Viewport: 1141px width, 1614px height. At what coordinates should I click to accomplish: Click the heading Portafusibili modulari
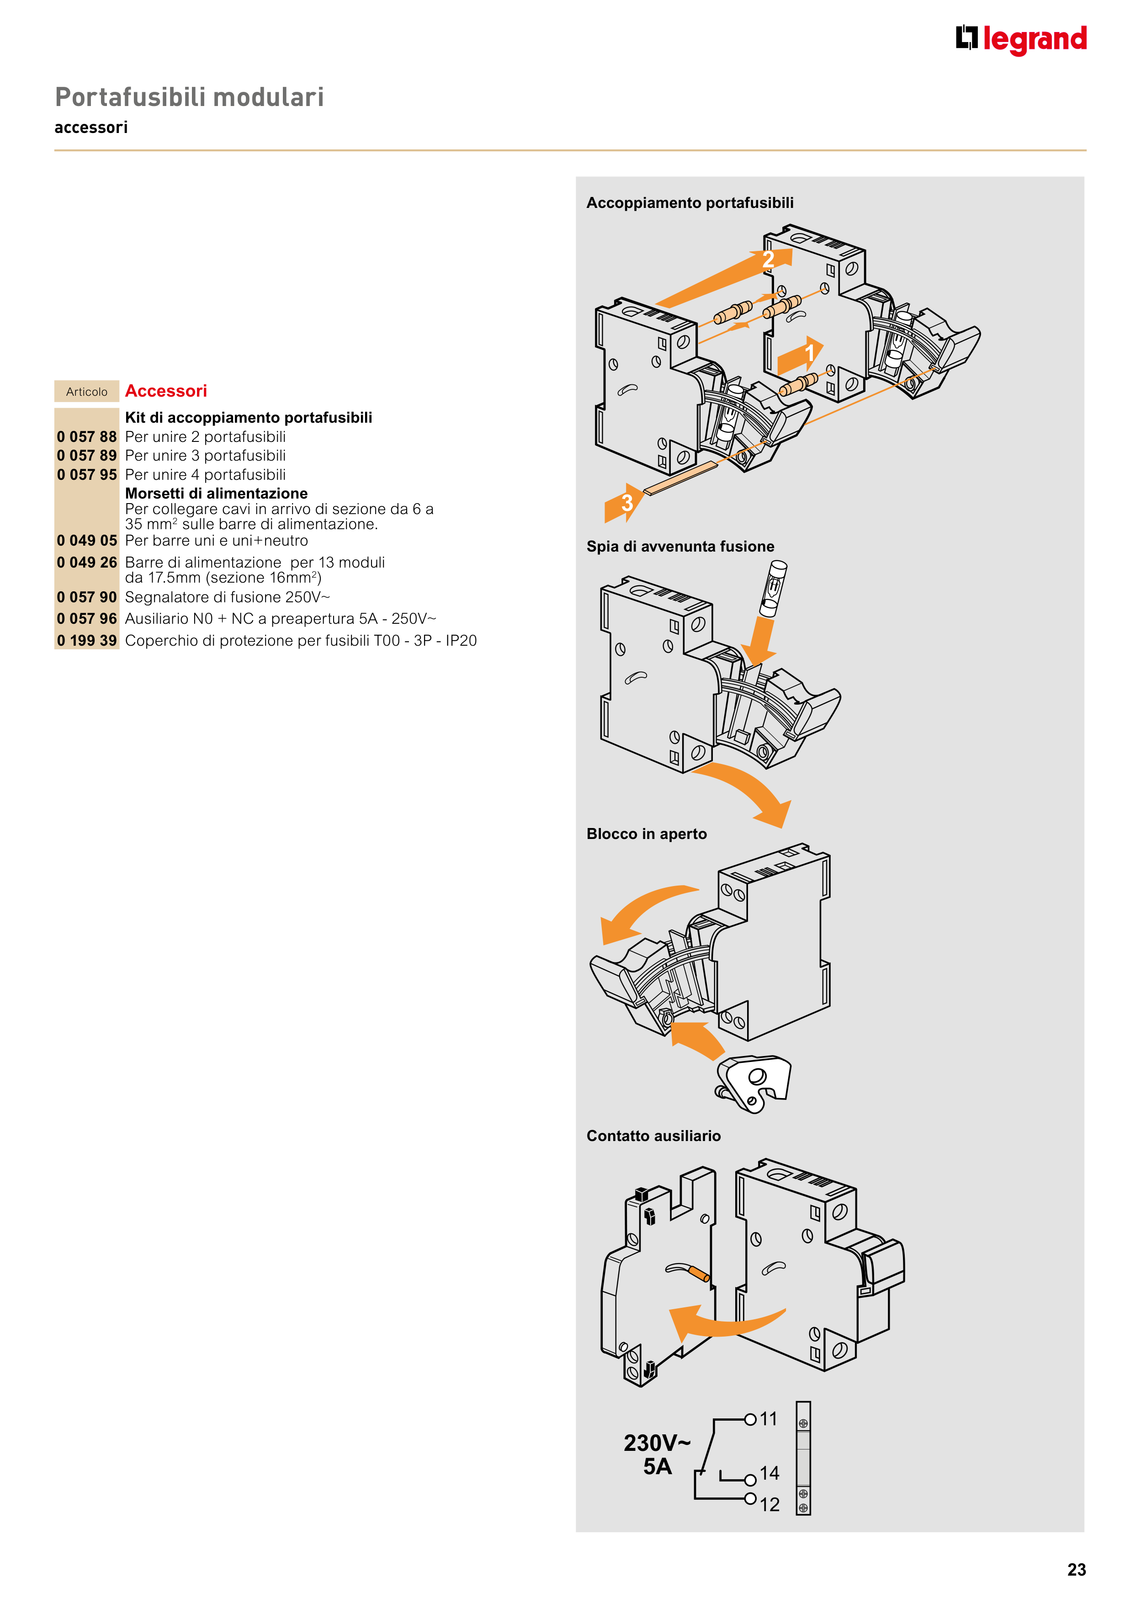[189, 97]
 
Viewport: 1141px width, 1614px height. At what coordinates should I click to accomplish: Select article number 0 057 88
[86, 436]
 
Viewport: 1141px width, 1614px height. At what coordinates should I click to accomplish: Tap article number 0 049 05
[86, 541]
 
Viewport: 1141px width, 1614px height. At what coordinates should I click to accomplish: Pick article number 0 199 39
[86, 640]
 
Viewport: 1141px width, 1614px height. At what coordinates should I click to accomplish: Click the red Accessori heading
[166, 391]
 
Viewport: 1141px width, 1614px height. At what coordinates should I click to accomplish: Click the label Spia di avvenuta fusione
[680, 546]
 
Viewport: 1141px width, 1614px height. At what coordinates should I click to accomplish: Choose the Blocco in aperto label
[646, 834]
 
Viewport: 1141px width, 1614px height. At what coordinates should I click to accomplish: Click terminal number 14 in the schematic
[769, 1473]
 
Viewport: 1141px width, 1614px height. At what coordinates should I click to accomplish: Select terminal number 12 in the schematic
[769, 1504]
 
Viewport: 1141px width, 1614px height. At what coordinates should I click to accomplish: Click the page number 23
[1076, 1570]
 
